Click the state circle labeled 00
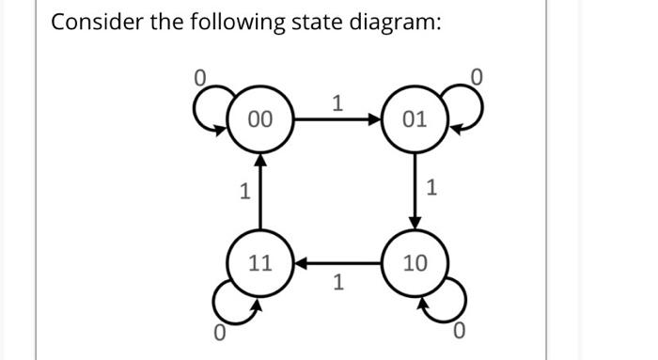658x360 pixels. coord(260,119)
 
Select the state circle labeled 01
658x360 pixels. coord(414,119)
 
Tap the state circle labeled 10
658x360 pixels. coord(414,262)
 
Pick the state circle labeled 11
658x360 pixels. coord(260,262)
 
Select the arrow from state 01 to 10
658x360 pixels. coord(414,191)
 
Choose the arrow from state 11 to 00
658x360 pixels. coord(260,191)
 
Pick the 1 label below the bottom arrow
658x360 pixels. coord(337,282)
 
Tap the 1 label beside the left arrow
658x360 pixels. coord(243,193)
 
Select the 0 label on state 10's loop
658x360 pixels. coord(458,331)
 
